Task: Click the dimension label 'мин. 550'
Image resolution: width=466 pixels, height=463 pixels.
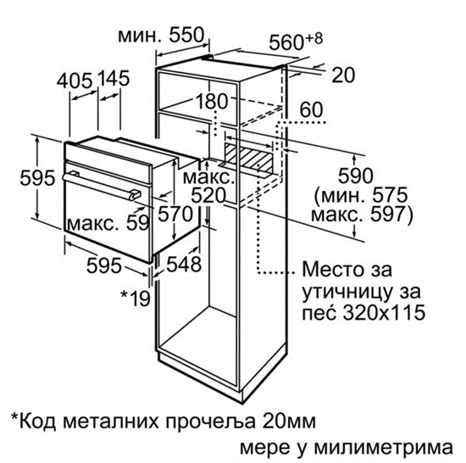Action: pyautogui.click(x=161, y=36)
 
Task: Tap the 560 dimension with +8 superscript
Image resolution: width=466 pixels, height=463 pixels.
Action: pyautogui.click(x=296, y=42)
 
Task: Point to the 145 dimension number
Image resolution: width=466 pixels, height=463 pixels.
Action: pyautogui.click(x=114, y=79)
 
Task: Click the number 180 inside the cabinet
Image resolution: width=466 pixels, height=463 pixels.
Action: pyautogui.click(x=212, y=101)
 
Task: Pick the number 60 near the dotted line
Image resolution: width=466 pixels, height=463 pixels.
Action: pyautogui.click(x=311, y=109)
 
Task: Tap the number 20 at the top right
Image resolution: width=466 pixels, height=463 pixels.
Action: pyautogui.click(x=343, y=75)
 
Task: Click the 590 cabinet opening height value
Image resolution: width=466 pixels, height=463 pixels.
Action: pyautogui.click(x=356, y=176)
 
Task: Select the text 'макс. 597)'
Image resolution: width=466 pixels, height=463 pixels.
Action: pyautogui.click(x=362, y=215)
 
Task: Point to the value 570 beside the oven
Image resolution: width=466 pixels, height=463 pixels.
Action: pyautogui.click(x=175, y=214)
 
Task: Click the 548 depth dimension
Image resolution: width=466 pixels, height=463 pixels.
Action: pyautogui.click(x=184, y=264)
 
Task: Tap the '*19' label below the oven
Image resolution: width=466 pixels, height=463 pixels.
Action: pyautogui.click(x=136, y=298)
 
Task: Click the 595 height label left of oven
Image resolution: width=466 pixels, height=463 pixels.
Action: pyautogui.click(x=37, y=178)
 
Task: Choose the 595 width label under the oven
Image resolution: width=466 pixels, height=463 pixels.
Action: pyautogui.click(x=104, y=265)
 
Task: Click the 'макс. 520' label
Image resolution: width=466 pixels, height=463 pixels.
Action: pyautogui.click(x=208, y=187)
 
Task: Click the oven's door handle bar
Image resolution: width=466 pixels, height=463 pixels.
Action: pyautogui.click(x=101, y=186)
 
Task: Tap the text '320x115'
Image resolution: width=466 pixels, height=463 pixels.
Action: pyautogui.click(x=384, y=313)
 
